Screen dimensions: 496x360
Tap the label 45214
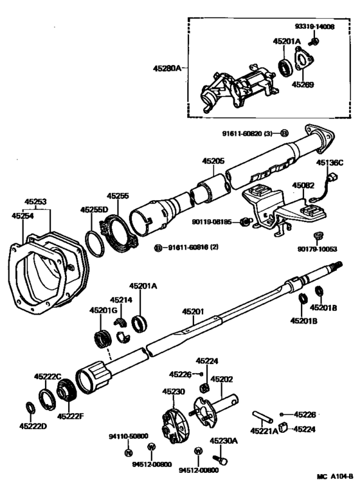click(120, 299)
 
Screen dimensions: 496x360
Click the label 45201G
click(102, 312)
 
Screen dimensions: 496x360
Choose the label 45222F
click(69, 416)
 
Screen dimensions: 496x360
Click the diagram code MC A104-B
click(334, 477)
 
